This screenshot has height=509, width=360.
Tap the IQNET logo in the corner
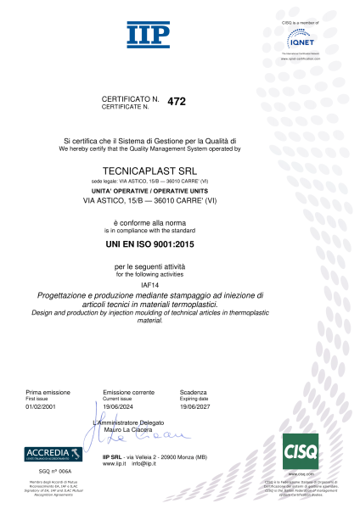[302, 39]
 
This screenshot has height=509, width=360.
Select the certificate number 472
[177, 102]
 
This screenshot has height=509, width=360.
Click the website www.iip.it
[114, 465]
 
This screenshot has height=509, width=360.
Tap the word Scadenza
[194, 393]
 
